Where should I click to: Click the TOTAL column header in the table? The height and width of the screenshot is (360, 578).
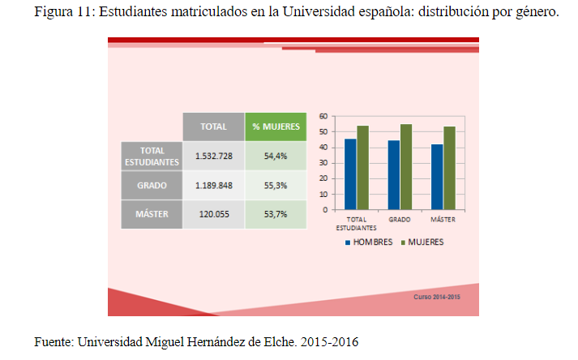(213, 126)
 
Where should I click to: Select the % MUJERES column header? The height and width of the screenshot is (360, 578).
(276, 126)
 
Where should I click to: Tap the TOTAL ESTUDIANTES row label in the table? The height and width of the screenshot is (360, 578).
(152, 156)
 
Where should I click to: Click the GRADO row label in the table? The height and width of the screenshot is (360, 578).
(152, 186)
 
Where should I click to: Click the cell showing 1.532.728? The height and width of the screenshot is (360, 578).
(213, 156)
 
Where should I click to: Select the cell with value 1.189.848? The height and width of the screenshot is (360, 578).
(213, 186)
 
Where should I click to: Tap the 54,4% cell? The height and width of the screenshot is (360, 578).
(276, 156)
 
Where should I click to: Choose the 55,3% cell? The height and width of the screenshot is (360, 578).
(276, 186)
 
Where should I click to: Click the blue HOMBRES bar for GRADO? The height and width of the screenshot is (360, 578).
(394, 175)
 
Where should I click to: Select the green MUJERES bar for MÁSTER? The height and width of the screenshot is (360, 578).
(449, 168)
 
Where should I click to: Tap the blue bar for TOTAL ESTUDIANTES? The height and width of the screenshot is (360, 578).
(350, 174)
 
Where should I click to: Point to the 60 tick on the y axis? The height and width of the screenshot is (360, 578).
(323, 117)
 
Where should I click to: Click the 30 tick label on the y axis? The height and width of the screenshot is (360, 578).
(323, 163)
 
